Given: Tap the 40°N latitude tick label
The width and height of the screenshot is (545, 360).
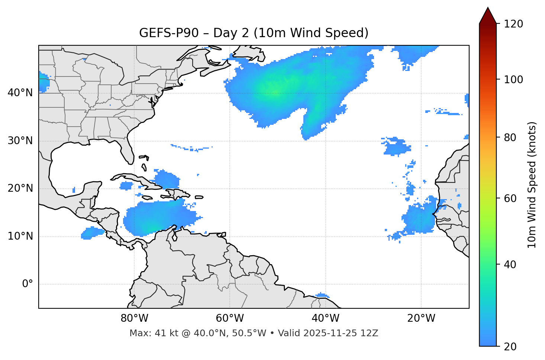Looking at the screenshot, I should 20,93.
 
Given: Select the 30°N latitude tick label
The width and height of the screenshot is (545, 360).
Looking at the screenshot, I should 20,141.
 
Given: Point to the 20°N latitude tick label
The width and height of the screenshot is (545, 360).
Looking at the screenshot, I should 20,188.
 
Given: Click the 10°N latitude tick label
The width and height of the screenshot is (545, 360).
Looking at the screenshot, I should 20,236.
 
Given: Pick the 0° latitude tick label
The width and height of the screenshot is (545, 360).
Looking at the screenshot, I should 27,284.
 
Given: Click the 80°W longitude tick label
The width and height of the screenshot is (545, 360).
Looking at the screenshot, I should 134,318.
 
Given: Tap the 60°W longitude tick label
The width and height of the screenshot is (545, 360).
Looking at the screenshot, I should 230,318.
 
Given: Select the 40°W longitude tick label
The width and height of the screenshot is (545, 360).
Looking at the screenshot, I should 325,318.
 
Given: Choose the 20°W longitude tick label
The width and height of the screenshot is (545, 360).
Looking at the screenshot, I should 421,318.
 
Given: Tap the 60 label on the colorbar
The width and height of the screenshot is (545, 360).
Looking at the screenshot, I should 510,198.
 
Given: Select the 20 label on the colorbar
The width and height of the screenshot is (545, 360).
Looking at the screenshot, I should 510,347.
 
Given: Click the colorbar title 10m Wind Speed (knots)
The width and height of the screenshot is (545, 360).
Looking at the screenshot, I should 532,185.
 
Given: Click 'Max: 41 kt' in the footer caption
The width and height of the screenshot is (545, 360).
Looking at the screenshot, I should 147,333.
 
